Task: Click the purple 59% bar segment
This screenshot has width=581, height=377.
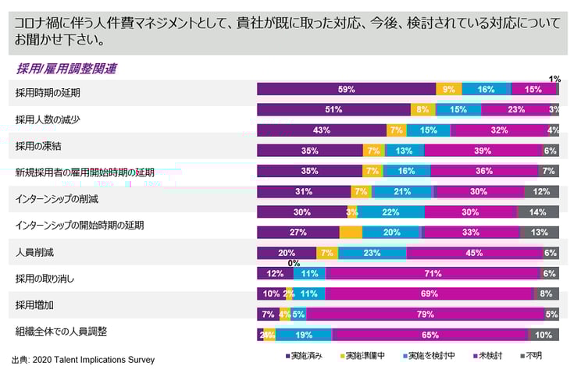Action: [x=346, y=89]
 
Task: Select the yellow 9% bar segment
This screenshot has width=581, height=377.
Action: [x=449, y=89]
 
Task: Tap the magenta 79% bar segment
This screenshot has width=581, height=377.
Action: [x=425, y=314]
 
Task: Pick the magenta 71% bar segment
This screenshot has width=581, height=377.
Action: [x=433, y=273]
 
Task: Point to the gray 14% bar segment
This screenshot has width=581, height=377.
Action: [x=537, y=212]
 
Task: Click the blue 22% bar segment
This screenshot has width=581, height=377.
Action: [x=390, y=212]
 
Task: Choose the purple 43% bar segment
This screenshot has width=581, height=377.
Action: [x=322, y=130]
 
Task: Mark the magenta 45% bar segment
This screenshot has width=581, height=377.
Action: [x=474, y=253]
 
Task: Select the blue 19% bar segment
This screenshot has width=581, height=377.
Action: [x=304, y=334]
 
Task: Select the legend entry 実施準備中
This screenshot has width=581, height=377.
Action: [x=362, y=357]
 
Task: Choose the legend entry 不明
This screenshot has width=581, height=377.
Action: [x=533, y=357]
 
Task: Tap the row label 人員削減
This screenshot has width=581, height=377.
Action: [x=36, y=252]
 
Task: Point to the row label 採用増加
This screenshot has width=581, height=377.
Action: [x=36, y=304]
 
